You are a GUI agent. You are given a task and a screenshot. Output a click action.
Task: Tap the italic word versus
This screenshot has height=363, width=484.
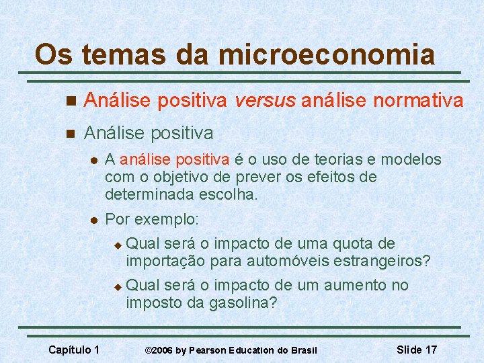coord(264,101)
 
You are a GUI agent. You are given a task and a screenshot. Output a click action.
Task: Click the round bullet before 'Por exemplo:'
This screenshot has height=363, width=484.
coord(94,220)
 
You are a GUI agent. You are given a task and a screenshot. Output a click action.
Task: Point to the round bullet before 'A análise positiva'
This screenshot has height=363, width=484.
coord(94,161)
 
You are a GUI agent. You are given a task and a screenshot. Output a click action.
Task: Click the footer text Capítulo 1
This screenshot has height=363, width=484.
coord(75,350)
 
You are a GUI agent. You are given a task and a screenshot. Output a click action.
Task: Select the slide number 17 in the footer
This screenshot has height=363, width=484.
coord(431,350)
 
